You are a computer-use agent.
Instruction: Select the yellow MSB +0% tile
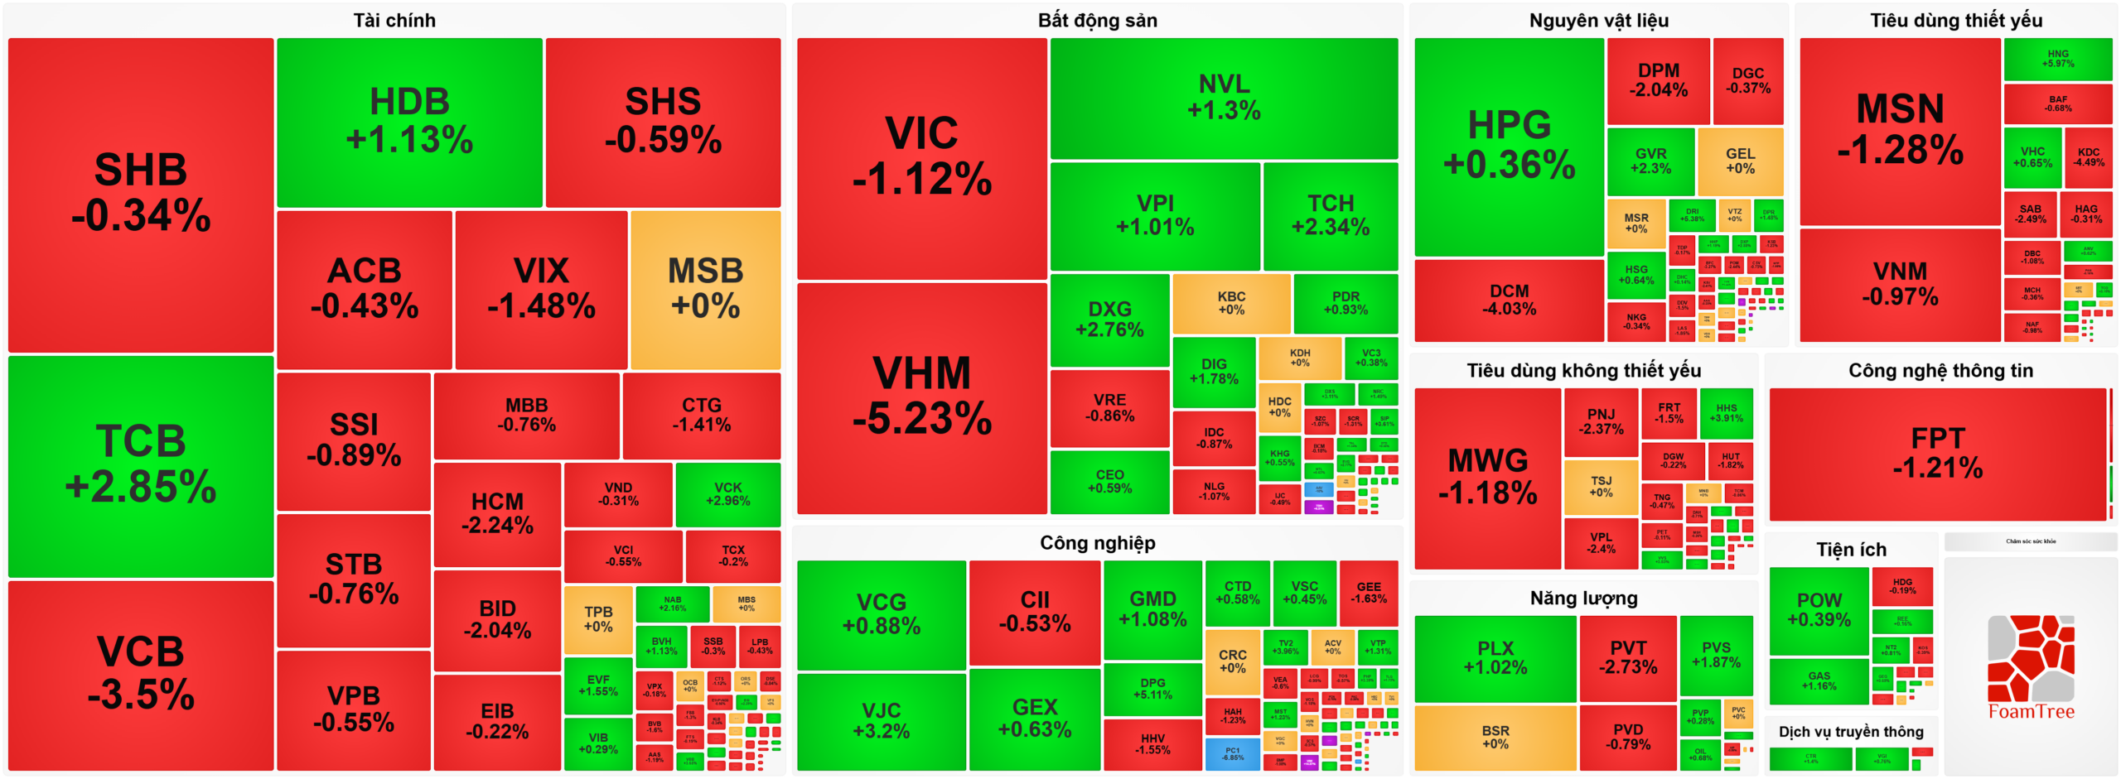(705, 289)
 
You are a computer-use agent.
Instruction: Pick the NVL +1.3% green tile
(1224, 98)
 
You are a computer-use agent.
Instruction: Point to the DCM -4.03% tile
(1509, 300)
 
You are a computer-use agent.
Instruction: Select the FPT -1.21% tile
(1937, 454)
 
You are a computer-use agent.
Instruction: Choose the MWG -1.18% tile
(1487, 478)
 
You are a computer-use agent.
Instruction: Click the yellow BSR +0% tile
(1495, 737)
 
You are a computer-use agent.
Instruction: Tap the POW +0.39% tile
(1819, 610)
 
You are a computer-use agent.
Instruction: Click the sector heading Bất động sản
(1097, 20)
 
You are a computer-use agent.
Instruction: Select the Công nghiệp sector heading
(1097, 543)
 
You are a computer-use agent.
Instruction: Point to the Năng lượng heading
(1583, 598)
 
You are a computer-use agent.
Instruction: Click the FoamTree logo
(2031, 667)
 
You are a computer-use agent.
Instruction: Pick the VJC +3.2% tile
(881, 721)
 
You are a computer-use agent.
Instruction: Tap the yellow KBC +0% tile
(1231, 303)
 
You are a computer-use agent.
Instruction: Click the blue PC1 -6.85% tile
(1232, 753)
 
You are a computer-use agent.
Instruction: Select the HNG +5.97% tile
(2057, 59)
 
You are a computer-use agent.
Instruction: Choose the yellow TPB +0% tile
(598, 619)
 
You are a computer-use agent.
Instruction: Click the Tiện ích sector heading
(1851, 550)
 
